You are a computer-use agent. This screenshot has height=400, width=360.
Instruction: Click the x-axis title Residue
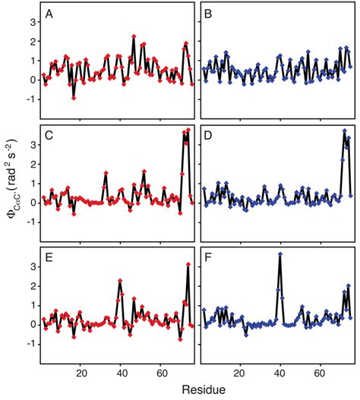pos(196,391)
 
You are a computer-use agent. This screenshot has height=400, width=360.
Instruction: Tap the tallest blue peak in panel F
pos(280,254)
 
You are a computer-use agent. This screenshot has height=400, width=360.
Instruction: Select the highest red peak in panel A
pos(134,36)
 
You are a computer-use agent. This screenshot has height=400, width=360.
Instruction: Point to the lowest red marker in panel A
pos(74,98)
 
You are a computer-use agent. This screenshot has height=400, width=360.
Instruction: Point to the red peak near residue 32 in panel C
pos(106,173)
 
